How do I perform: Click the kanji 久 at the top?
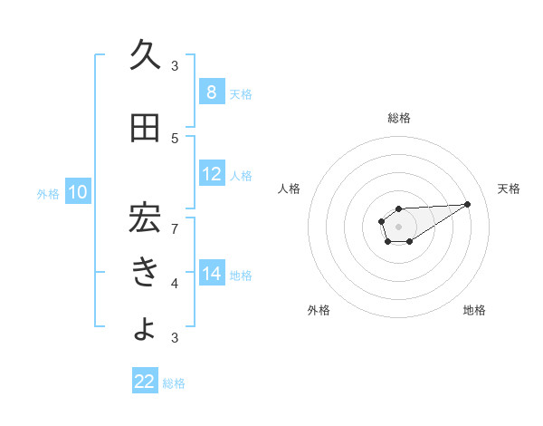click(x=146, y=55)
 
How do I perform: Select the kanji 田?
click(x=145, y=129)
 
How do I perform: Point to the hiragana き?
click(x=146, y=273)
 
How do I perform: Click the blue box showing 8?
click(x=212, y=92)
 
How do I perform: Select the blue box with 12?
click(x=212, y=175)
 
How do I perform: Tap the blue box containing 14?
click(x=212, y=274)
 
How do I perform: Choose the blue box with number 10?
click(x=78, y=192)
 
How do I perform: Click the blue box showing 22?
click(x=145, y=382)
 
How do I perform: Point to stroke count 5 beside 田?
click(x=175, y=138)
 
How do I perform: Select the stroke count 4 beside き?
click(x=175, y=284)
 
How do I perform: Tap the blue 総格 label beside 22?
click(x=174, y=383)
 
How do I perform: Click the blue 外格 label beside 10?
click(x=48, y=193)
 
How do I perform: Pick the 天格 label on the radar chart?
click(x=509, y=189)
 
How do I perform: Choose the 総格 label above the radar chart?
click(x=398, y=118)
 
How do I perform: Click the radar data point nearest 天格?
click(x=467, y=203)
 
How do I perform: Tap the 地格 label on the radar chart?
click(x=474, y=310)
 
